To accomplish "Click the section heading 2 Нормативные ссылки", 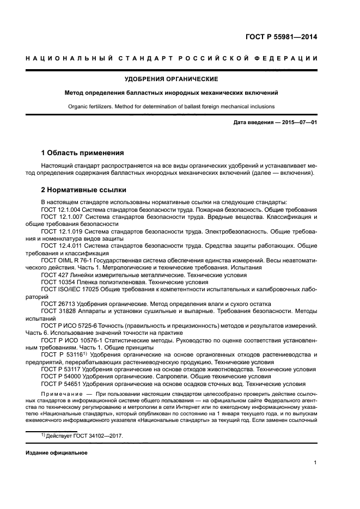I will tap(84, 190).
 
